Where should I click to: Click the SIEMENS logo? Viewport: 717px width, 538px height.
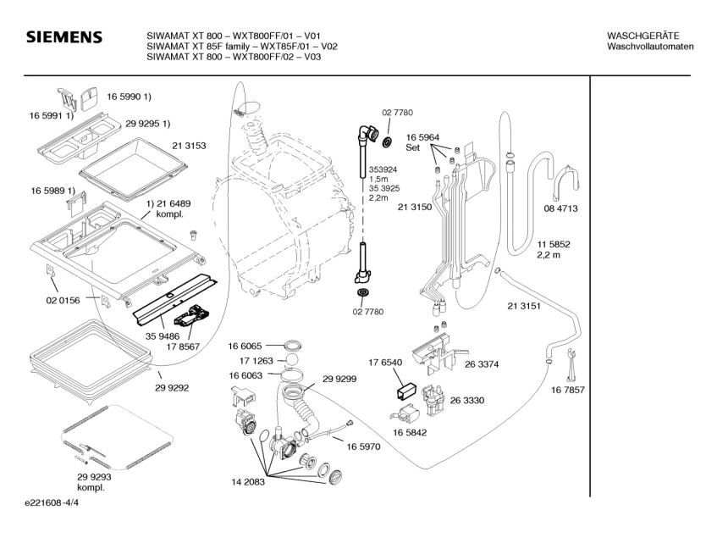(x=64, y=37)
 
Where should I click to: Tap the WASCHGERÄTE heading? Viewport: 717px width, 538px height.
(x=643, y=36)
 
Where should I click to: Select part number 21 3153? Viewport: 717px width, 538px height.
(x=189, y=146)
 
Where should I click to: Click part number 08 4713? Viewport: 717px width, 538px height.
(x=560, y=208)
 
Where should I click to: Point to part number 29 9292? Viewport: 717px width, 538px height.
(x=172, y=388)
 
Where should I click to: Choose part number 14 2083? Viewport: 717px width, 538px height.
(x=248, y=481)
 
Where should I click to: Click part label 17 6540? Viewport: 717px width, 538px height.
(x=385, y=363)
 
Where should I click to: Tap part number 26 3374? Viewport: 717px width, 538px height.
(x=482, y=364)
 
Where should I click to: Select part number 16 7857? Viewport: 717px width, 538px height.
(x=567, y=391)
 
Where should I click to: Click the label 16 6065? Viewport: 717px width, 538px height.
(x=245, y=347)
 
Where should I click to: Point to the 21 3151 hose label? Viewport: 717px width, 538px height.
(x=524, y=306)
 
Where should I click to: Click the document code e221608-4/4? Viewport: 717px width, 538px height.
(x=52, y=502)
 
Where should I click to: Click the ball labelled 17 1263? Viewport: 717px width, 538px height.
(x=292, y=360)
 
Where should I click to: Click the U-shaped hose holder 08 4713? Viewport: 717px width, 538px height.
(x=566, y=182)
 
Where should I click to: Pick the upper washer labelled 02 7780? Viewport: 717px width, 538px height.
(x=388, y=141)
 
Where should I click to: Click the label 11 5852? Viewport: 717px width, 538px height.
(x=554, y=245)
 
